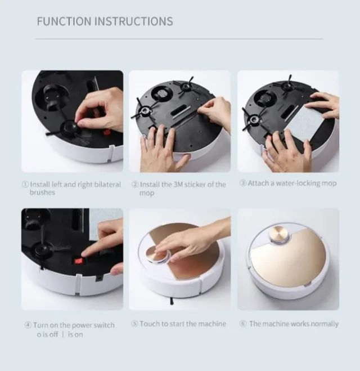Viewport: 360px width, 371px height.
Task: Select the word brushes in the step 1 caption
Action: click(43, 193)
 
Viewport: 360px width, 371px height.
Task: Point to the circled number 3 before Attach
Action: click(243, 184)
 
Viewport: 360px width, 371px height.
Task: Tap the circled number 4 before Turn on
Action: click(27, 325)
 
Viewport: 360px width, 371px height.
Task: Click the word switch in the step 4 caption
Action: click(102, 325)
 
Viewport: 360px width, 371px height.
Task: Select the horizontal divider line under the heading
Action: click(180, 39)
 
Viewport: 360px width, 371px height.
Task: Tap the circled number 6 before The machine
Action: click(243, 324)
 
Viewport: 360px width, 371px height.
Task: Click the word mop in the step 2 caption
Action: click(146, 193)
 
